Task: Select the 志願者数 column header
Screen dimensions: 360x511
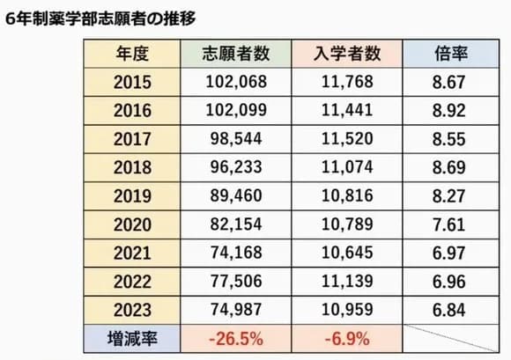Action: pos(235,53)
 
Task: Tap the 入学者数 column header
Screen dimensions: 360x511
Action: pos(347,53)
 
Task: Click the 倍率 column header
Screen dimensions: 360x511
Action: pos(451,53)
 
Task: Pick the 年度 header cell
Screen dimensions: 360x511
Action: pos(132,53)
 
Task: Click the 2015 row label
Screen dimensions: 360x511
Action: pos(132,82)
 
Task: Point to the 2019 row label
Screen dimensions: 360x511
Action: pos(132,195)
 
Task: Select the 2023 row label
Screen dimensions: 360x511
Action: pos(132,309)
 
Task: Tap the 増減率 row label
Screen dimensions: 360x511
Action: pos(132,337)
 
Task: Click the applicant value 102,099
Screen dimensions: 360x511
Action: pos(235,110)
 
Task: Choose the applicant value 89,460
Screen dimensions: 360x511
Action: pos(235,195)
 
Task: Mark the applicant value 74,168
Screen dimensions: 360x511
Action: pos(235,253)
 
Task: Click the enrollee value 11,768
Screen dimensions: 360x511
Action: pos(347,82)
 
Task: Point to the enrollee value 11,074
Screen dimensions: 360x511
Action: pos(347,167)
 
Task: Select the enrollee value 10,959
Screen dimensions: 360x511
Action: pos(347,309)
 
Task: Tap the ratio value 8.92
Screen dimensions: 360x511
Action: pos(451,110)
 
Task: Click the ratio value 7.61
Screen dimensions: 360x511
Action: pos(451,224)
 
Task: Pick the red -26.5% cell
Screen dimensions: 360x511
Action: pos(235,337)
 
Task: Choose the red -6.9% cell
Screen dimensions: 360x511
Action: pos(347,337)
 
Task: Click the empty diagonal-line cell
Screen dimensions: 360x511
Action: pos(451,337)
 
